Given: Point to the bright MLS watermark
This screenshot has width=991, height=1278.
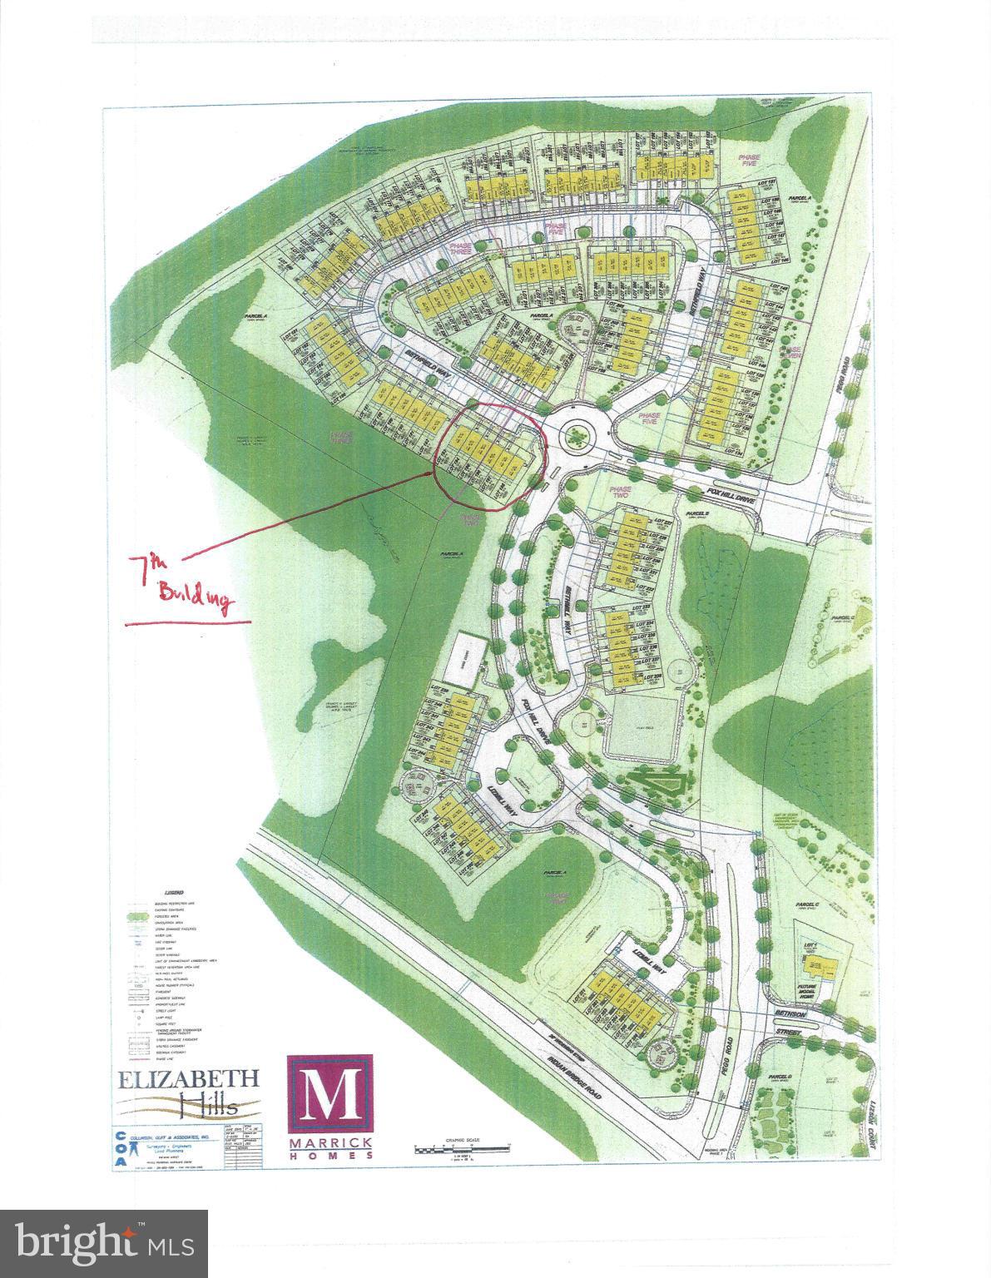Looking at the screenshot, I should pos(103,1243).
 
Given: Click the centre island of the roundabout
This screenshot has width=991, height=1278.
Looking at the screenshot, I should pos(573,433).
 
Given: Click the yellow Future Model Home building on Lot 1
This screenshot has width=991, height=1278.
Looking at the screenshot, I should pos(820,968).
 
